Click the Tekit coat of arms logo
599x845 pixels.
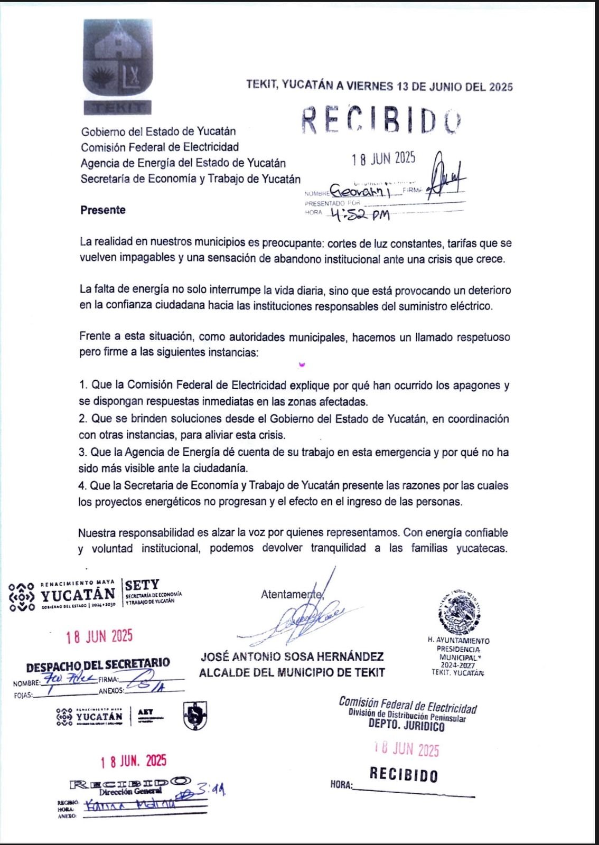pyautogui.click(x=118, y=66)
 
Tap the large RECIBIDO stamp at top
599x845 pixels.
pyautogui.click(x=381, y=120)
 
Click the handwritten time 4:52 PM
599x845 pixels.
pyautogui.click(x=359, y=214)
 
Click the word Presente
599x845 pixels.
pyautogui.click(x=103, y=210)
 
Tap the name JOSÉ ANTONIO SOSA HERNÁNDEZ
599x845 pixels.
pyautogui.click(x=292, y=657)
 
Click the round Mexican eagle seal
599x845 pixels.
pyautogui.click(x=460, y=612)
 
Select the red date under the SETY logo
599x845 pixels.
pyautogui.click(x=99, y=636)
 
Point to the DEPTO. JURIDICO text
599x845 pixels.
pyautogui.click(x=407, y=726)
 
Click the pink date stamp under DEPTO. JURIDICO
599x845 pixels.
pyautogui.click(x=407, y=749)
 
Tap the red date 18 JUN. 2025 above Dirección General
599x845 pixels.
pyautogui.click(x=134, y=761)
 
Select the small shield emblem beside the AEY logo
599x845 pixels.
pyautogui.click(x=195, y=716)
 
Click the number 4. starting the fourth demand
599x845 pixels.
pyautogui.click(x=82, y=485)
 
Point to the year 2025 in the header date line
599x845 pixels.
pyautogui.click(x=501, y=87)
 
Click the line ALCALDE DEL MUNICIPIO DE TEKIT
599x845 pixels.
pyautogui.click(x=292, y=673)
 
